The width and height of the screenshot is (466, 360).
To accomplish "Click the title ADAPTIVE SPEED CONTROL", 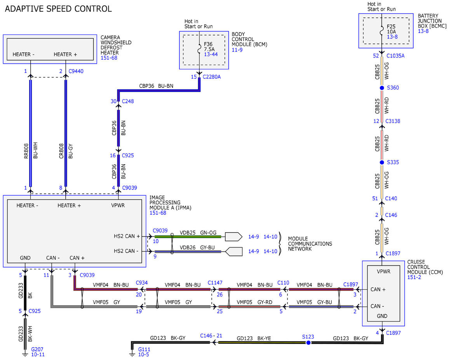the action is pos(58,9).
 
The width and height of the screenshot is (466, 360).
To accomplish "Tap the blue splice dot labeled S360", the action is pos(382,88).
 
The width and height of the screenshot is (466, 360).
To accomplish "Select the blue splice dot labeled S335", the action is pos(382,163).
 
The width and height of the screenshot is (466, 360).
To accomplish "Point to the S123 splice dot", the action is pos(308,343).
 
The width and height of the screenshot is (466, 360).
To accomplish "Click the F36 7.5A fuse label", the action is pos(209,47).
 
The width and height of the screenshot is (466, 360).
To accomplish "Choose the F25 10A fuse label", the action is pos(391,29).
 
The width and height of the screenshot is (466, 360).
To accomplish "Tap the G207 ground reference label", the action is pos(37,350).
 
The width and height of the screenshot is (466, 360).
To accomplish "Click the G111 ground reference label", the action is pos(144,350).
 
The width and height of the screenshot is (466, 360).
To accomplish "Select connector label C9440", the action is pos(76,71).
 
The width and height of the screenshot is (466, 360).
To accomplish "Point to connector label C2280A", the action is pos(212,77).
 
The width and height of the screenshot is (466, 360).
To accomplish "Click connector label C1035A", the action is pos(395,56).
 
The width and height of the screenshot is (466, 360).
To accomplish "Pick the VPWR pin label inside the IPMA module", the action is pos(118,205).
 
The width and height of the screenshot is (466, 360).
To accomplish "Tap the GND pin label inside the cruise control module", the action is pos(382,316).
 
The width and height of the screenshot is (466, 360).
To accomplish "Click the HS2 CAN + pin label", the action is pos(127,236).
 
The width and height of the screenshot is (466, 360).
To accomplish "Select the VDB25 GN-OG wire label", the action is pos(198,233).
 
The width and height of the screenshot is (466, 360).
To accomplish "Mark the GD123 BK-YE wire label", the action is pos(254,338).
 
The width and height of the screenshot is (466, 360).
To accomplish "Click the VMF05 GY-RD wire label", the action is pos(254,302).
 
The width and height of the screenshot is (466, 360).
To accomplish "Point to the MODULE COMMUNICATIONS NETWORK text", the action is pos(310,244).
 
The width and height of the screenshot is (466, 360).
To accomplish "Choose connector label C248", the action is pos(128,101).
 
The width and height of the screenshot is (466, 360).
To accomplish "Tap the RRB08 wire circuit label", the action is pos(26,151).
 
